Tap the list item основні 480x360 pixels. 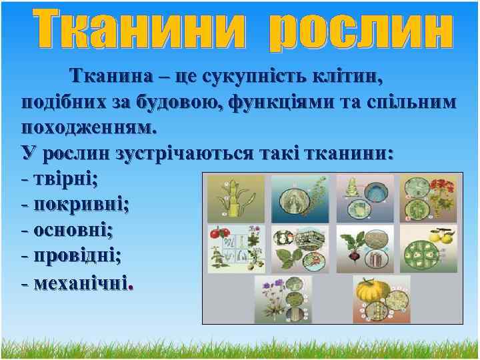(73, 229)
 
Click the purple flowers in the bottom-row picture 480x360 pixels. (270, 290)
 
